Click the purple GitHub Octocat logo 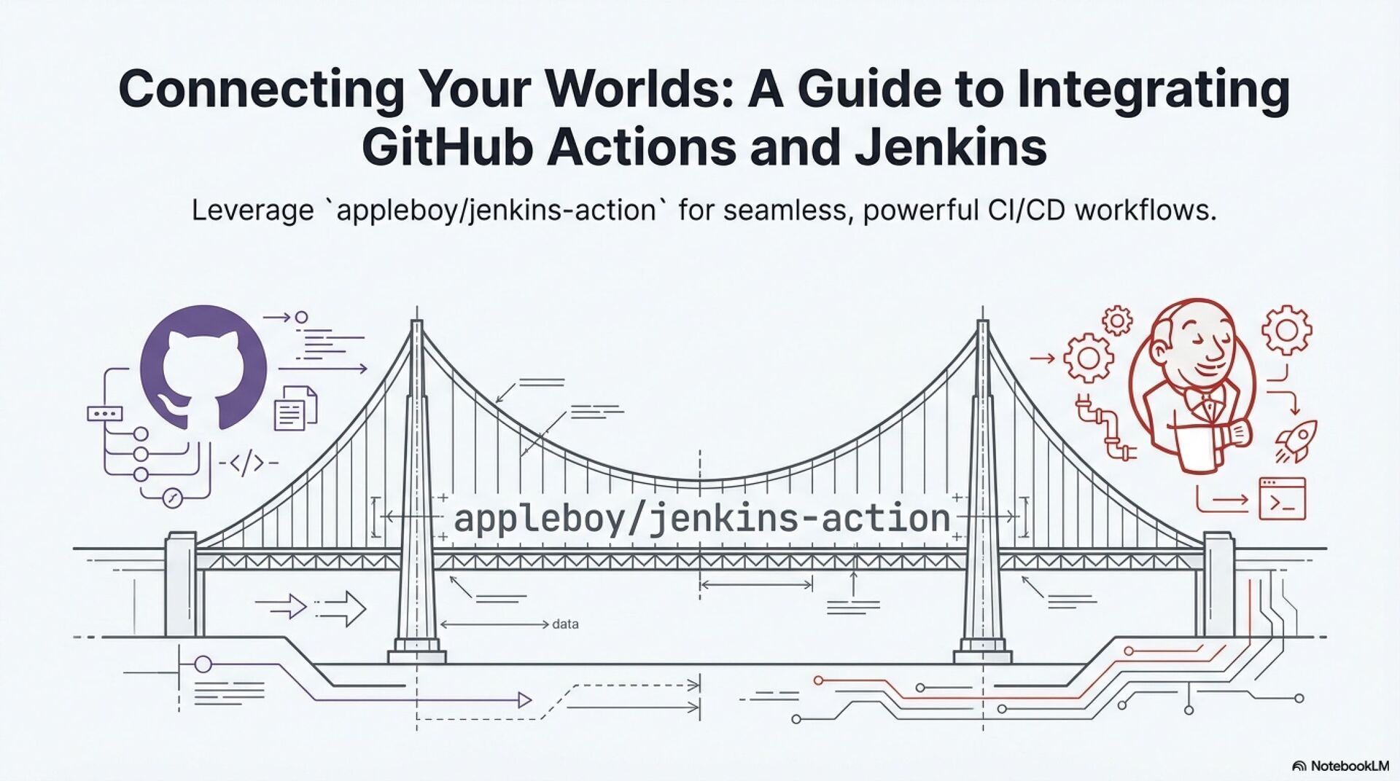pos(203,368)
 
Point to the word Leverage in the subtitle pos(252,211)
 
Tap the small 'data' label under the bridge pos(565,624)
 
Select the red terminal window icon pos(1282,499)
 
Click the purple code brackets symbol pos(248,462)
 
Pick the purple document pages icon pos(295,408)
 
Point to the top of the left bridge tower pos(416,324)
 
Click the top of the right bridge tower pos(982,324)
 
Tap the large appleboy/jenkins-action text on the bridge pos(701,519)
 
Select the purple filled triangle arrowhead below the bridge pos(524,701)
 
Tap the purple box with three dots pos(105,414)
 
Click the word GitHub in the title pos(447,146)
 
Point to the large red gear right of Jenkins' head pos(1287,330)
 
